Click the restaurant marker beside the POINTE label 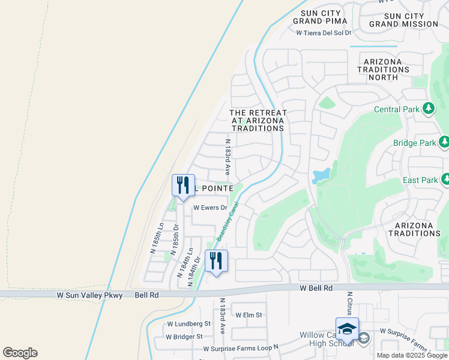pyautogui.click(x=183, y=185)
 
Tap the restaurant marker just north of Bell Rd pyautogui.click(x=216, y=261)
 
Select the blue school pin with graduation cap pyautogui.click(x=347, y=329)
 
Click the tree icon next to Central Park pyautogui.click(x=428, y=109)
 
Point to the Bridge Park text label pyautogui.click(x=414, y=143)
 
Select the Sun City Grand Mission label pyautogui.click(x=403, y=20)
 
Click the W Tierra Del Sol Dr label pyautogui.click(x=323, y=32)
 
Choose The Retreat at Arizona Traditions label pyautogui.click(x=258, y=121)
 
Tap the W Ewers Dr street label pyautogui.click(x=209, y=208)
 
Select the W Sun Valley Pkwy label pyautogui.click(x=90, y=295)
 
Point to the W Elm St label pyautogui.click(x=249, y=315)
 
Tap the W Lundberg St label pyautogui.click(x=188, y=323)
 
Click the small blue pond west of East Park pyautogui.click(x=321, y=175)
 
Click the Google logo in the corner pyautogui.click(x=20, y=353)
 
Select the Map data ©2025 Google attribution pyautogui.click(x=412, y=355)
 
